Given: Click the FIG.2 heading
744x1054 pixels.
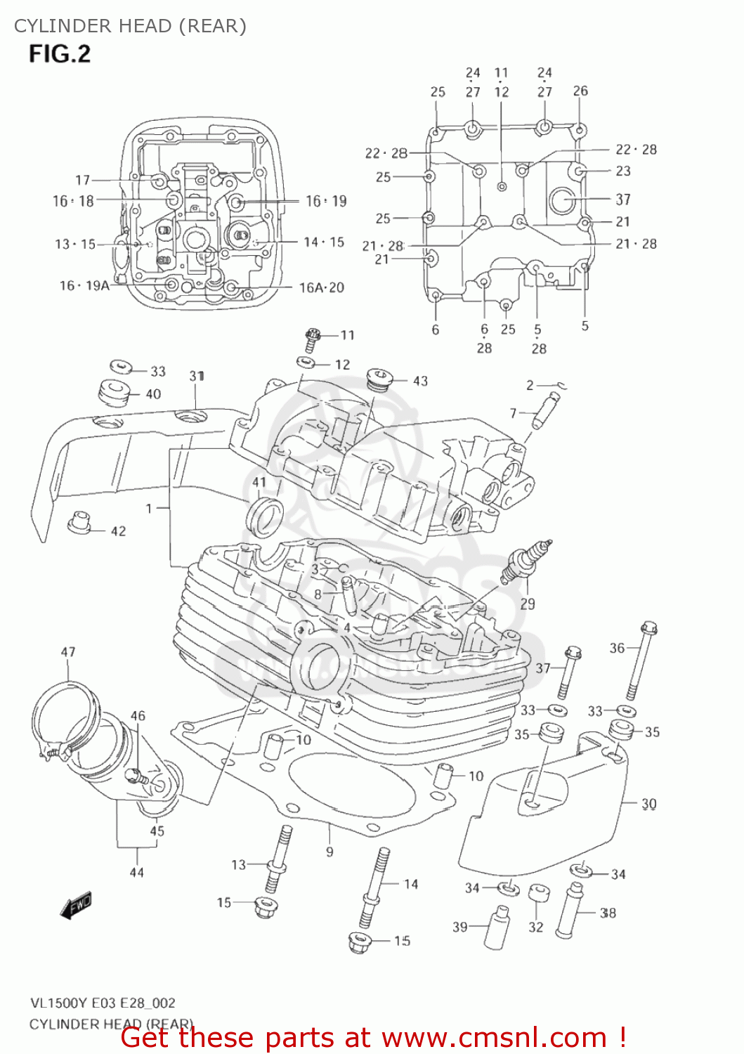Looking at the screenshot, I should [x=60, y=54].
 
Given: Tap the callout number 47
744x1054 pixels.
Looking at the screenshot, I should [x=68, y=652].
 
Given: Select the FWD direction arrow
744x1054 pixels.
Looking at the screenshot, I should [x=75, y=906].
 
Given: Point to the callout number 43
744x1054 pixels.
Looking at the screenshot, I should [x=420, y=381].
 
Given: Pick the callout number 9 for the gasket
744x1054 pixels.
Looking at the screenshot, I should [x=329, y=852].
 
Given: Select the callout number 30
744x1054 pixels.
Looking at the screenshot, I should [x=648, y=803].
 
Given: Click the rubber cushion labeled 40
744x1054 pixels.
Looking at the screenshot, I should [x=112, y=393].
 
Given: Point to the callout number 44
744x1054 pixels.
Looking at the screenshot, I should [x=136, y=872].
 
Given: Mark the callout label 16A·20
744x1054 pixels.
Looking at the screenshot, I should [x=322, y=287].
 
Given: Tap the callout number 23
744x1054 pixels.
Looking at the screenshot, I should [x=623, y=171].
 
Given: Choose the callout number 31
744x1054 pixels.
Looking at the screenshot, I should [x=197, y=376].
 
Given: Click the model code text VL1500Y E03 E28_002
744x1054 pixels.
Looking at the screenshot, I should [x=103, y=1003].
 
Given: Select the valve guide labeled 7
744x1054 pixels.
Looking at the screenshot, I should [x=545, y=411].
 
